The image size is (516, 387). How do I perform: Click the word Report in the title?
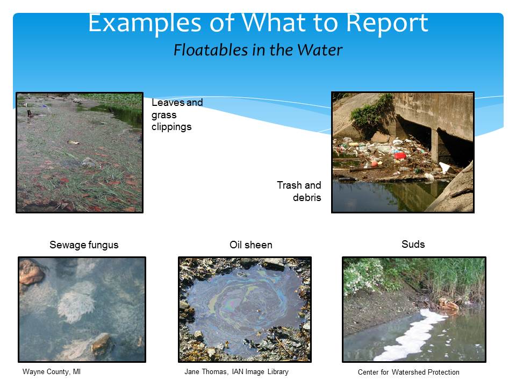[x=388, y=23]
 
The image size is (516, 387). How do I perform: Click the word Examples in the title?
[x=145, y=24]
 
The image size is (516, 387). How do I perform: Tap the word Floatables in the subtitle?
[x=211, y=50]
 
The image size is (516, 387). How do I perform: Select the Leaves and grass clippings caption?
[x=177, y=114]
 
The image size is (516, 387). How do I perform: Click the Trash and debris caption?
[x=299, y=191]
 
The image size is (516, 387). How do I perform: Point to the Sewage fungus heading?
[x=84, y=245]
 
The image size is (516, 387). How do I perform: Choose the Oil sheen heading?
[x=251, y=245]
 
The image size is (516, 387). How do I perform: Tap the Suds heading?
[x=413, y=244]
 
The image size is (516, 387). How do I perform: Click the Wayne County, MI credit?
[x=52, y=371]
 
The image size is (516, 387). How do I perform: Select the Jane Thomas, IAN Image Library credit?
[x=236, y=371]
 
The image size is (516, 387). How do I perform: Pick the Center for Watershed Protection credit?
[x=408, y=372]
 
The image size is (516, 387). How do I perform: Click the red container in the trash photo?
[x=400, y=155]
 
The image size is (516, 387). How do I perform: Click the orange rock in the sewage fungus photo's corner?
[x=31, y=271]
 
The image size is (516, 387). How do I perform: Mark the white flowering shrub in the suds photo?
[x=362, y=276]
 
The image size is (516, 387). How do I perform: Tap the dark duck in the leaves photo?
[x=30, y=114]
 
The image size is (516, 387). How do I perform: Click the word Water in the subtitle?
[x=319, y=50]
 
